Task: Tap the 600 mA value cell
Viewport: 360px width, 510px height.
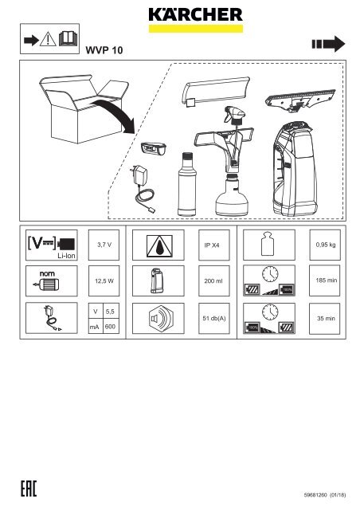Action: (111, 325)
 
